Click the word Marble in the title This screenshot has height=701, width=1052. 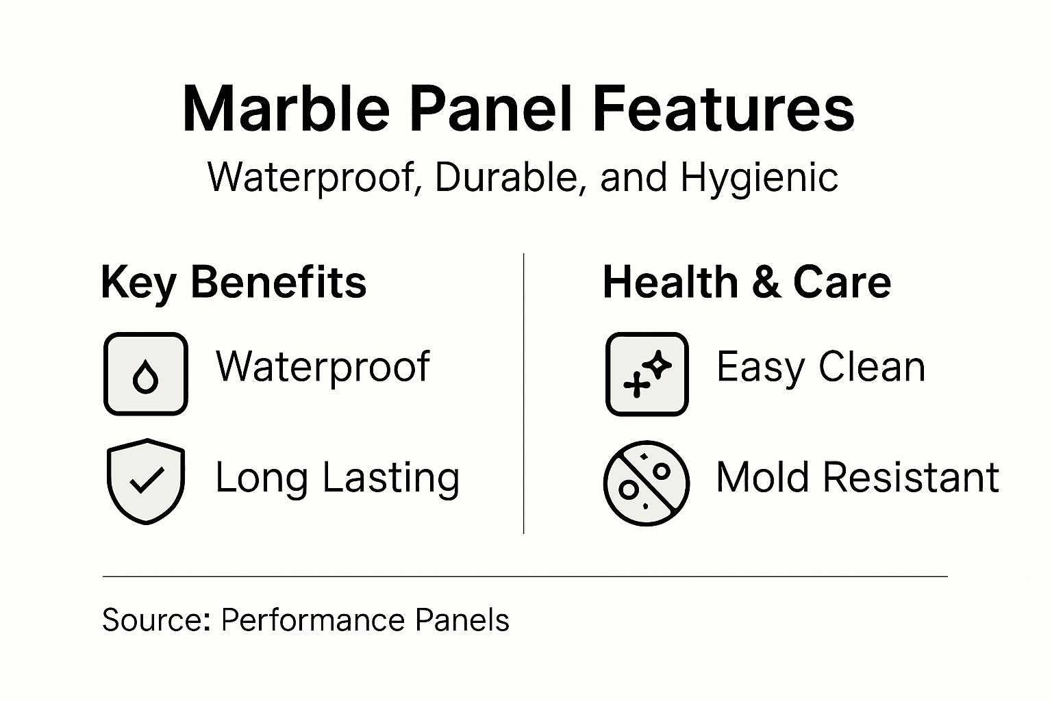tap(286, 109)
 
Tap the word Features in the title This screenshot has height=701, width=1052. tap(723, 109)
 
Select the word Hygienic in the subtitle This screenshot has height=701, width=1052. tap(759, 177)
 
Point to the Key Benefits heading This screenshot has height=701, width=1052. tap(234, 283)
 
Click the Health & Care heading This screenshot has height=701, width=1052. tap(747, 283)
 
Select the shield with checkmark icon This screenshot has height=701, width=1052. tap(146, 481)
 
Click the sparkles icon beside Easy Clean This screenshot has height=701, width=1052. tap(647, 374)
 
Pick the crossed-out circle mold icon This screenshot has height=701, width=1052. tap(646, 483)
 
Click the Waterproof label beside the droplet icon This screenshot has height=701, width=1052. tap(323, 368)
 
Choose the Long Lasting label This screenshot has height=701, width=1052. tap(337, 478)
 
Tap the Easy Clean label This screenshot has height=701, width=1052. tap(821, 367)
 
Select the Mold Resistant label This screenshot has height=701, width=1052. tap(857, 477)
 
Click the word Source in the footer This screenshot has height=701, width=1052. tap(155, 620)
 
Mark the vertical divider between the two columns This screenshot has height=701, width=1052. tap(524, 394)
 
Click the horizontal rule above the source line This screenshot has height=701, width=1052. tap(525, 577)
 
